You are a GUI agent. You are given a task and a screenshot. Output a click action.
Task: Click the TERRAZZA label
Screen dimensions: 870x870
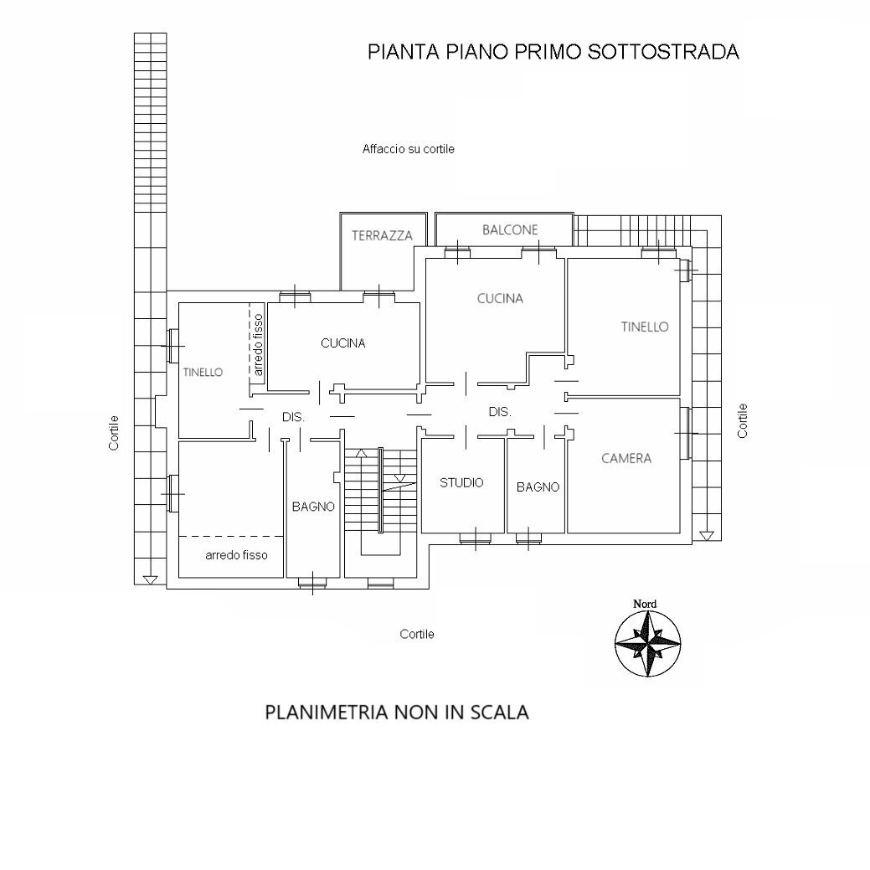(x=382, y=236)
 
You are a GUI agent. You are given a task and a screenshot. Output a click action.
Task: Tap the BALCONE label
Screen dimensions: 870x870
(x=510, y=229)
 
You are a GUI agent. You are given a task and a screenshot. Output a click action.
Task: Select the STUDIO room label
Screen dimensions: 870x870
(x=461, y=482)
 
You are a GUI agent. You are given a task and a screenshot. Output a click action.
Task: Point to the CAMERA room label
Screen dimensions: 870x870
(x=626, y=458)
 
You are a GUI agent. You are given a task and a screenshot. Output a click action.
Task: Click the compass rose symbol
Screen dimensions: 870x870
(x=647, y=644)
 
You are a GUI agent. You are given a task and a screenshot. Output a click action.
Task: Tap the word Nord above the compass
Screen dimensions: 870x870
(x=645, y=604)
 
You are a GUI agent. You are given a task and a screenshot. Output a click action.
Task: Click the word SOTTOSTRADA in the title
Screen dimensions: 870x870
(x=664, y=52)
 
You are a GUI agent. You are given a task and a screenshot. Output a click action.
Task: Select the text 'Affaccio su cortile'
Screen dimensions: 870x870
(x=409, y=149)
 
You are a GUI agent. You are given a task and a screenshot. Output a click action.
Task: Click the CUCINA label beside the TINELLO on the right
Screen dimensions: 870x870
(x=500, y=298)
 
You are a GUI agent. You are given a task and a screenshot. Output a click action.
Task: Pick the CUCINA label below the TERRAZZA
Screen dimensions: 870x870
(x=342, y=342)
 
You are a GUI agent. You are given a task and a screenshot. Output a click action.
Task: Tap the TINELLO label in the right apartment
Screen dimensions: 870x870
(x=645, y=327)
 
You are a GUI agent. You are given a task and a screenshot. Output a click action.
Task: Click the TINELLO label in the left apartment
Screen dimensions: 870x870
(x=203, y=372)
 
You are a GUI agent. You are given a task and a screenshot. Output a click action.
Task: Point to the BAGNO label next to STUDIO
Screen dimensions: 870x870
(x=538, y=486)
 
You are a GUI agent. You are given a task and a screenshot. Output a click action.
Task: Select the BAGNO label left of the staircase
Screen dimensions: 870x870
(x=313, y=507)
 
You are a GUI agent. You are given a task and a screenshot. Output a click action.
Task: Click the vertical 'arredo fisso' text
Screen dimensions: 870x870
(x=258, y=344)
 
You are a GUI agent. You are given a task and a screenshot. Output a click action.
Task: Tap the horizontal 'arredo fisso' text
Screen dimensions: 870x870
(x=237, y=554)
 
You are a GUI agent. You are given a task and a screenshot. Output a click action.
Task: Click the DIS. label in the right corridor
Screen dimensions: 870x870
(x=500, y=412)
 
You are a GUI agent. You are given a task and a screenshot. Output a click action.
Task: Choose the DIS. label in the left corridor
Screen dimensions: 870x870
(x=293, y=416)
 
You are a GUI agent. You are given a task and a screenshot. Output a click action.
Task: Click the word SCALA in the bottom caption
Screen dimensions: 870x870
(x=499, y=713)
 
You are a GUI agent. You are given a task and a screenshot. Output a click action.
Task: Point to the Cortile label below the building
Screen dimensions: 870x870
(x=417, y=634)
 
